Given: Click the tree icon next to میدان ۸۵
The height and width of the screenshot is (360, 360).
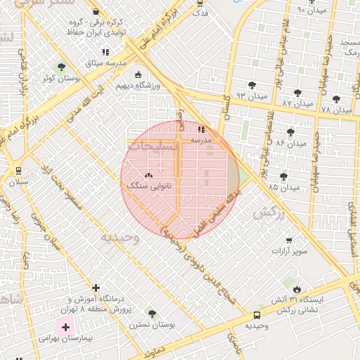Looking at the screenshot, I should pyautogui.click(x=283, y=176).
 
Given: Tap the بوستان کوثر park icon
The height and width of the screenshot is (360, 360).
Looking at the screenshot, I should pyautogui.click(x=62, y=67).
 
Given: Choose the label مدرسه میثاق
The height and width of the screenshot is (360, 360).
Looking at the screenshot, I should pyautogui.click(x=105, y=64).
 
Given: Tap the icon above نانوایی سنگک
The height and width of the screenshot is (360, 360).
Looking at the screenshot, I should pyautogui.click(x=148, y=176).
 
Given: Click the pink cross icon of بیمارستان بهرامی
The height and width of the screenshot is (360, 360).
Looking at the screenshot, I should pyautogui.click(x=66, y=327).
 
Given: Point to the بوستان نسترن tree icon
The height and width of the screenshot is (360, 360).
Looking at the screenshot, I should pyautogui.click(x=151, y=313).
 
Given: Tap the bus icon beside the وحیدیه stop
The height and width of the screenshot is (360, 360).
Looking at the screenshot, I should pyautogui.click(x=257, y=316).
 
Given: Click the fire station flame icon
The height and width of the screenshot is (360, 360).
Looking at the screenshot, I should pyautogui.click(x=297, y=289).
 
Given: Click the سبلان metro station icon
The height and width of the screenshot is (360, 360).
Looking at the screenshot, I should pyautogui.click(x=18, y=170).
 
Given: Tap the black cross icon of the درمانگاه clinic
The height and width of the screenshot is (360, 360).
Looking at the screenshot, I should pyautogui.click(x=96, y=288).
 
